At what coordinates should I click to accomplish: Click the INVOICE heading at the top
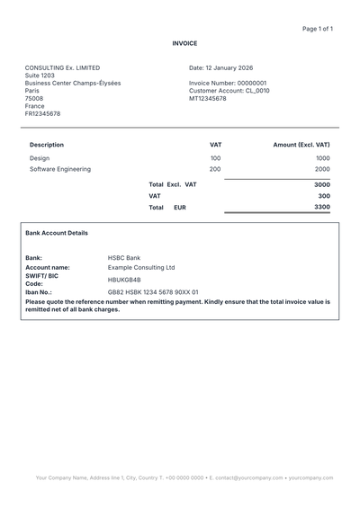[184, 43]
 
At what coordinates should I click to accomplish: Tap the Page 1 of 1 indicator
[318, 29]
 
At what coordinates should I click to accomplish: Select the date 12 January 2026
[220, 67]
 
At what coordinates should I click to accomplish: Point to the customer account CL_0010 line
[229, 91]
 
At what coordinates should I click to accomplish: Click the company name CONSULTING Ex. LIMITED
[62, 67]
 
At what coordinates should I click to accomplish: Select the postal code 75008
[34, 99]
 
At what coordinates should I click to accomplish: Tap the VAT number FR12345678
[43, 114]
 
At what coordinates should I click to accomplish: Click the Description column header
[47, 145]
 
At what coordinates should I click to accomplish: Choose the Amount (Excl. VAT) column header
[301, 145]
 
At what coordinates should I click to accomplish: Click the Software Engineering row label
[60, 169]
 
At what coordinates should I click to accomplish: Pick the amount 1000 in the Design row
[322, 158]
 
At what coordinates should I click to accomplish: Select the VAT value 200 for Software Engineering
[215, 169]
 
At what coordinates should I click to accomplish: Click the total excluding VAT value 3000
[321, 184]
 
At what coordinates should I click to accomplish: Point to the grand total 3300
[321, 207]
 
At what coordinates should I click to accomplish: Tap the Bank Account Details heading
[57, 233]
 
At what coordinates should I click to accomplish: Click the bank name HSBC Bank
[124, 258]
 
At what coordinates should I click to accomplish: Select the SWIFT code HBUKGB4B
[124, 280]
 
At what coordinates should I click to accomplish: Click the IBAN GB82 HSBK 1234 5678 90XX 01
[153, 292]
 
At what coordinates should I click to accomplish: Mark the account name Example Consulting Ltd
[141, 267]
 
